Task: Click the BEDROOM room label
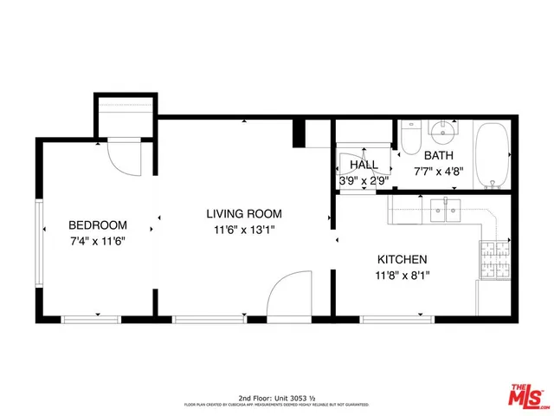click(x=98, y=224)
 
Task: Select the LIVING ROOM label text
click(x=243, y=213)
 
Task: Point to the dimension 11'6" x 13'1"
click(x=243, y=230)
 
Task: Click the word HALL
click(x=364, y=165)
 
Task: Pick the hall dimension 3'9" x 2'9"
click(x=364, y=181)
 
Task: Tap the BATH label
click(x=439, y=155)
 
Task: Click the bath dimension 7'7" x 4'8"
click(x=439, y=171)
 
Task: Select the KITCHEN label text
click(x=402, y=259)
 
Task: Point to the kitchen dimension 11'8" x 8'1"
click(x=402, y=276)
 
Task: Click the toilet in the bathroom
click(x=410, y=137)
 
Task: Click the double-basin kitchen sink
click(x=446, y=209)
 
